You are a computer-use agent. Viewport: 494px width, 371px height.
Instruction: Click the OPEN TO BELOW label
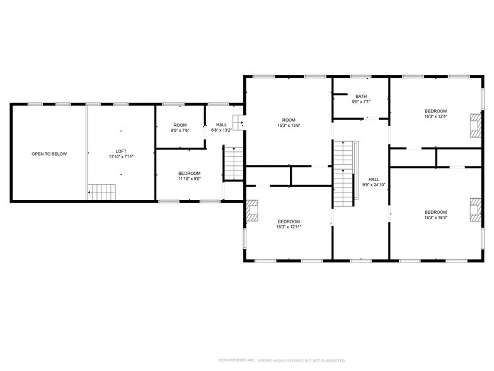click(x=49, y=154)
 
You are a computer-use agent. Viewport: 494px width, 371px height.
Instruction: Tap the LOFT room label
click(x=121, y=151)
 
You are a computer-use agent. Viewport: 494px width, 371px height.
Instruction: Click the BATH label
click(x=360, y=97)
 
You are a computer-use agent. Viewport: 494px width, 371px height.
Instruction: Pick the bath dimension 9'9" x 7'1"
click(x=360, y=102)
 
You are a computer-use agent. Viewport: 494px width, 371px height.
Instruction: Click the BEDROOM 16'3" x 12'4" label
click(x=435, y=114)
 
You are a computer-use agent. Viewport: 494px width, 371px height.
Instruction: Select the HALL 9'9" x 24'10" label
click(x=374, y=182)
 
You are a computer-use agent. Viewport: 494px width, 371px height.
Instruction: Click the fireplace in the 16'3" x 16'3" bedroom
click(x=475, y=210)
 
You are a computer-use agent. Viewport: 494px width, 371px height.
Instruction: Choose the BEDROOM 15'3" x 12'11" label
click(x=289, y=224)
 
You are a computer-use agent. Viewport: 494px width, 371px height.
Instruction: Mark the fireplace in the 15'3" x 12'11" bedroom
click(x=252, y=211)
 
